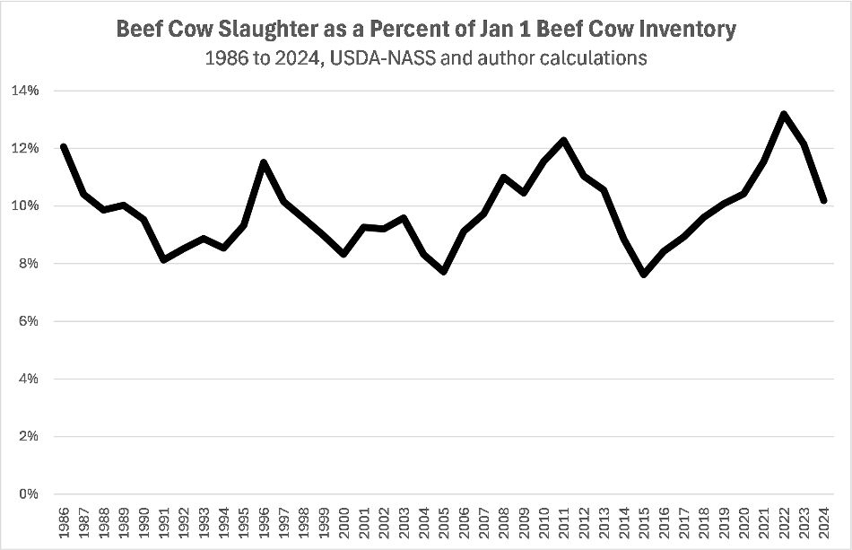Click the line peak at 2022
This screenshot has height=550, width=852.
coord(784,114)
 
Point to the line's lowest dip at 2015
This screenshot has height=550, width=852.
coord(644,275)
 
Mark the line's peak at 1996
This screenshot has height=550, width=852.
coord(264,162)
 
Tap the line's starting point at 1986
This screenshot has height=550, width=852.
coord(63,146)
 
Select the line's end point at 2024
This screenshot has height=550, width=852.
coord(824,201)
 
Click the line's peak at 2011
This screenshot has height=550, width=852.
coord(563,140)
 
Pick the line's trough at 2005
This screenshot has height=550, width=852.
coord(444,271)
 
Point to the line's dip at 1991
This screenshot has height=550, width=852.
coord(163,260)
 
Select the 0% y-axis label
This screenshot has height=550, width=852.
coord(28,493)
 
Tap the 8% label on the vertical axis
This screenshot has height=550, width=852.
coord(28,264)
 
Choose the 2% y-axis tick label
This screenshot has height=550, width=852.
coord(28,436)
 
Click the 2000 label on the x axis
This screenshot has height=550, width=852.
coord(344,520)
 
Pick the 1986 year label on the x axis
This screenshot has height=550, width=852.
coord(64,520)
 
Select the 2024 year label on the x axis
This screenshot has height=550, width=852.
coord(824,520)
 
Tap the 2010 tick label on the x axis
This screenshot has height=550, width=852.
coord(543,520)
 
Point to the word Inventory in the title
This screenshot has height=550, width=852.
coord(683,30)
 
